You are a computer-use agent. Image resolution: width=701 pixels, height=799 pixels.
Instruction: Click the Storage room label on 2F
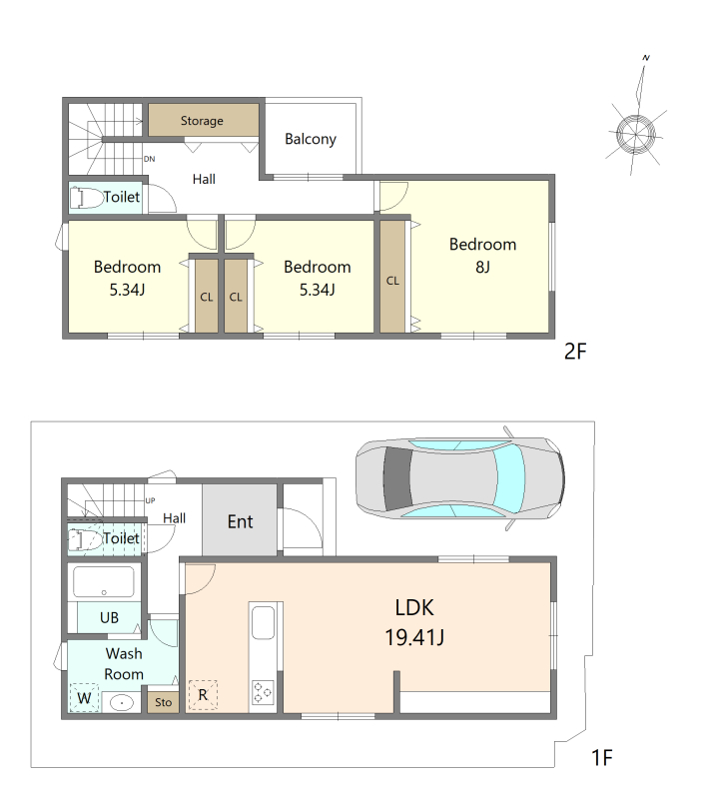(202, 121)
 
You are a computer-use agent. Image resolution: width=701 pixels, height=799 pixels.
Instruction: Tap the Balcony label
(311, 139)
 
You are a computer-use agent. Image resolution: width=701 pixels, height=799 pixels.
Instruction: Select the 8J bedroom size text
(482, 267)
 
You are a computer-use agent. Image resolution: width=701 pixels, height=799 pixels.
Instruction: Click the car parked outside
(459, 478)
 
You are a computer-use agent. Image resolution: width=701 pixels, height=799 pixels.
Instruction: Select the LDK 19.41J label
(414, 622)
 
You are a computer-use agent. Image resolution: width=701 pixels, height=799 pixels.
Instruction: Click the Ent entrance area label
(240, 521)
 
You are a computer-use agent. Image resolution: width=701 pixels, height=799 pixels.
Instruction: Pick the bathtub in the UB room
(104, 581)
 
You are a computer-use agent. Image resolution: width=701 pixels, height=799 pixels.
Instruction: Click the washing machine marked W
(84, 697)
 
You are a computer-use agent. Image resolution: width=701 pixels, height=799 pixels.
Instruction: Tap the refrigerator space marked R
(203, 695)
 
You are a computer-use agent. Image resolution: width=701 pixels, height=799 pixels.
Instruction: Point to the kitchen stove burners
(263, 692)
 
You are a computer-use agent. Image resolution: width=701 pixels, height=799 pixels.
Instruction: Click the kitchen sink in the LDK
(263, 622)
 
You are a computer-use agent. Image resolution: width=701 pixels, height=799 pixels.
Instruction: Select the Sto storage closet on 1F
(163, 702)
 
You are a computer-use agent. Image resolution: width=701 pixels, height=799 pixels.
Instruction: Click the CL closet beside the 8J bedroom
(392, 281)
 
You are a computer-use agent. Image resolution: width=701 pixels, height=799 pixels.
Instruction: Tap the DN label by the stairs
(149, 159)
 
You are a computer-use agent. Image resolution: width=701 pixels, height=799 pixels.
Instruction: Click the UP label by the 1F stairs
(151, 500)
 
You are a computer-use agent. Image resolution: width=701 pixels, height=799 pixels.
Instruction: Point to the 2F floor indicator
(575, 352)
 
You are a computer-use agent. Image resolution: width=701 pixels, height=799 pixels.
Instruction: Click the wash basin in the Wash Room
(121, 703)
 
